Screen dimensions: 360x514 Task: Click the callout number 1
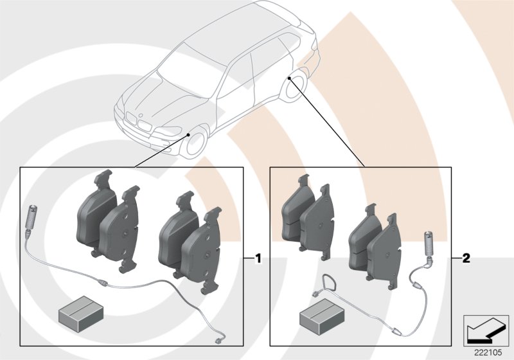point(258,259)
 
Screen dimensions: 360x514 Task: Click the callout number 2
point(466,259)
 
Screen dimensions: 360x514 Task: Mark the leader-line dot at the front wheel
point(188,135)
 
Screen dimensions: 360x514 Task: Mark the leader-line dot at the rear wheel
point(290,78)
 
